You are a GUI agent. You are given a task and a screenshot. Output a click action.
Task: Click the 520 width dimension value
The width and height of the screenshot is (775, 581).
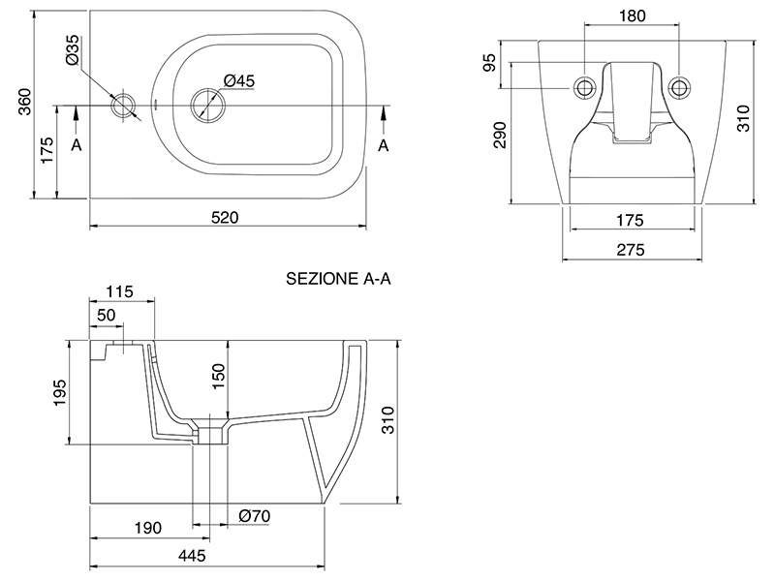(x=225, y=217)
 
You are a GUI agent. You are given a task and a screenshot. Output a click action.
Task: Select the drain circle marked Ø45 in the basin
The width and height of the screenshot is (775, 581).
(x=204, y=103)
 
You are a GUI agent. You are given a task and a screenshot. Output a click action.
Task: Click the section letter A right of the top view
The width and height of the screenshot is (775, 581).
(x=384, y=145)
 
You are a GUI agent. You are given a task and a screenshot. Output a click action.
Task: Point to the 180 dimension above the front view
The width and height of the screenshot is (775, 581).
(x=632, y=15)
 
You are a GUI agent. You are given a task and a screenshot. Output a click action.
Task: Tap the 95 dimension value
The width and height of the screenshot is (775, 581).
(x=490, y=63)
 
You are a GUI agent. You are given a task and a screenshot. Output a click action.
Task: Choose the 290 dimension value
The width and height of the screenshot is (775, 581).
(x=500, y=135)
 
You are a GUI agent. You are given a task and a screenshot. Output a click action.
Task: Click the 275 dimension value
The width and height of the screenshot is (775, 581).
(x=631, y=249)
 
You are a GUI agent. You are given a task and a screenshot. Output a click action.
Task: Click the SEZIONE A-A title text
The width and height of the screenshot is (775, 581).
(x=337, y=279)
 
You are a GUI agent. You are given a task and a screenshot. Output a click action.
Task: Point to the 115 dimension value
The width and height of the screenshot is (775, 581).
(x=119, y=290)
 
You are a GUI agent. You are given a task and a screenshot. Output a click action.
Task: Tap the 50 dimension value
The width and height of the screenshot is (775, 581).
(x=107, y=316)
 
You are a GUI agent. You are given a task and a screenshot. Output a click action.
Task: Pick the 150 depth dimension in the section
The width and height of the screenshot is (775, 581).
(x=218, y=376)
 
